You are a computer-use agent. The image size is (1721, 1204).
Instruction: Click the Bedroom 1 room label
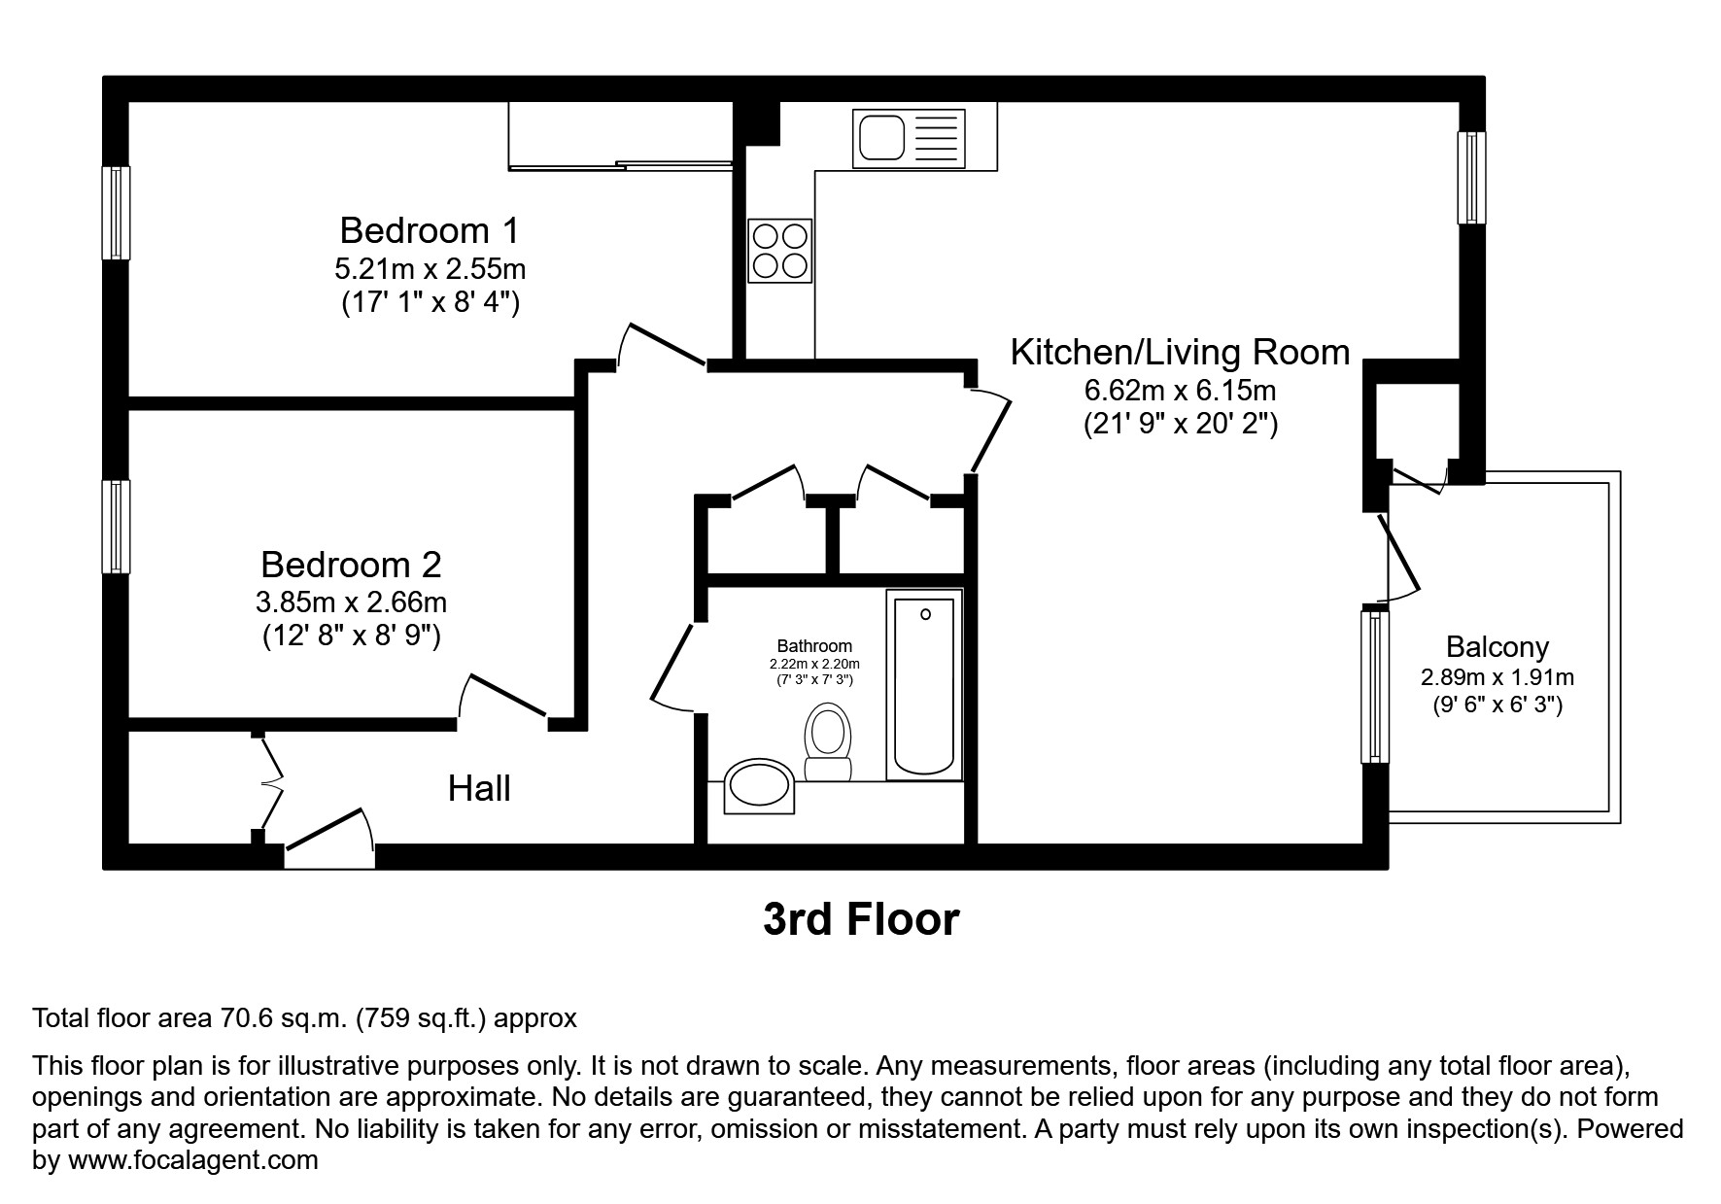pyautogui.click(x=429, y=231)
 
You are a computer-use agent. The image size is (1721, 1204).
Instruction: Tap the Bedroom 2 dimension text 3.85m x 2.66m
pyautogui.click(x=351, y=602)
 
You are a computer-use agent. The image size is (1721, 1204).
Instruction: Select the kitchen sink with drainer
pyautogui.click(x=909, y=137)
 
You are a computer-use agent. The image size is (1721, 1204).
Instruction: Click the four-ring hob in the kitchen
pyautogui.click(x=779, y=251)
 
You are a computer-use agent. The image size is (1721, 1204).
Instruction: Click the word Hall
pyautogui.click(x=479, y=789)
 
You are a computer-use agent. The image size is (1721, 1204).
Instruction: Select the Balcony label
pyautogui.click(x=1497, y=647)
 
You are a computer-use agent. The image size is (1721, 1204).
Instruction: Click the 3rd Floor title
pyautogui.click(x=861, y=919)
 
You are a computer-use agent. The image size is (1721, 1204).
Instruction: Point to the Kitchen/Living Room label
pyautogui.click(x=1180, y=352)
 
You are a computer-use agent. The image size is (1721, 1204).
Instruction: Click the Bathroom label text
pyautogui.click(x=814, y=646)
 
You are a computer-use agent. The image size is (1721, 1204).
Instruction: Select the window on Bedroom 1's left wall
pyautogui.click(x=117, y=213)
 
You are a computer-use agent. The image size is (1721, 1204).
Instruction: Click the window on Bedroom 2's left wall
pyautogui.click(x=117, y=526)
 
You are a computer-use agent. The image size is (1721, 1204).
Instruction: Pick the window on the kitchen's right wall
pyautogui.click(x=1471, y=178)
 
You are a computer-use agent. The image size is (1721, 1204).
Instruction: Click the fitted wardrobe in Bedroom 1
pyautogui.click(x=620, y=136)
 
